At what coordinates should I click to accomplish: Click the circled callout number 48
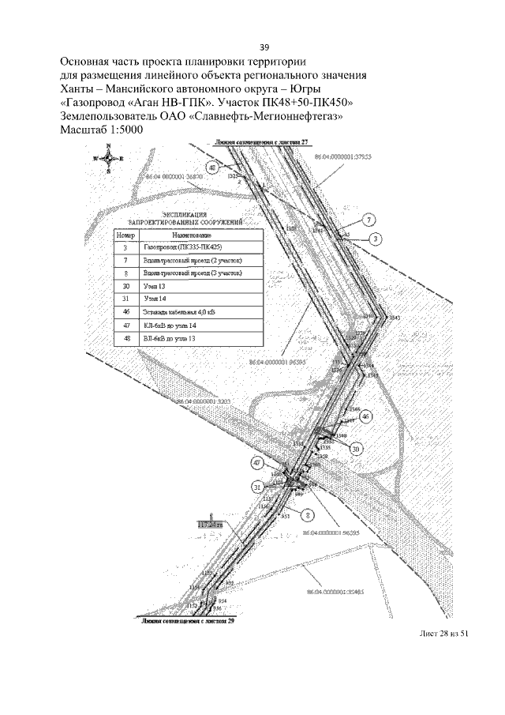point(212,168)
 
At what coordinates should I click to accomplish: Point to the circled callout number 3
point(377,239)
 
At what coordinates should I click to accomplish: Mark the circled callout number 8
point(309,514)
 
